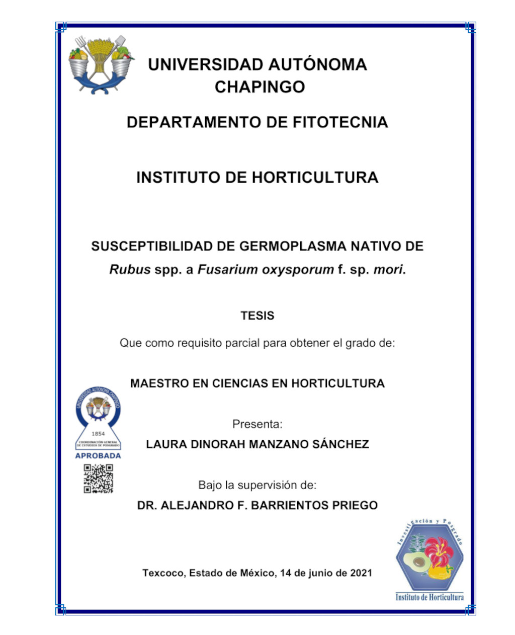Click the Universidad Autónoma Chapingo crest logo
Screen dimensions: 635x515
coord(102,64)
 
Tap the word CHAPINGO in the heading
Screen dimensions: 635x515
coord(260,87)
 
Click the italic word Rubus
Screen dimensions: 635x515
coord(130,270)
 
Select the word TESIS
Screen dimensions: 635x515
coord(257,316)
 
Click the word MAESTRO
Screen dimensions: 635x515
coord(159,383)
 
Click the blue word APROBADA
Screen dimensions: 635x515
coord(98,456)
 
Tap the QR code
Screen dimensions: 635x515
coord(98,479)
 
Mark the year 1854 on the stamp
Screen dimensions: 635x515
coord(98,434)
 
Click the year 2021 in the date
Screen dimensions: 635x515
coord(361,573)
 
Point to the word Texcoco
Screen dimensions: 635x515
coord(163,573)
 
